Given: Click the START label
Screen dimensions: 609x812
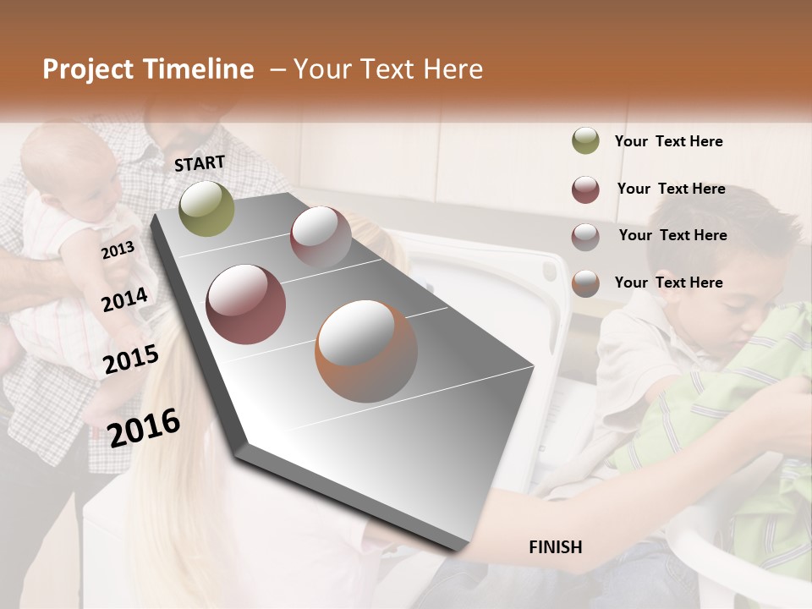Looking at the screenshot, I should (200, 163).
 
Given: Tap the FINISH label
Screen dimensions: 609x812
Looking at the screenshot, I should (555, 547).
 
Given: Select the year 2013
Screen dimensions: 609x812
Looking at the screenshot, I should (118, 250).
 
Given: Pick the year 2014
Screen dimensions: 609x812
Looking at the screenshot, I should (124, 300).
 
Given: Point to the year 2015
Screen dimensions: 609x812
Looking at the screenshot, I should (131, 359).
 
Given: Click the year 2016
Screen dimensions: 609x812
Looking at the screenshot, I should (144, 427).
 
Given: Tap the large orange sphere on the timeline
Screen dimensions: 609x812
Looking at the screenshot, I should (366, 351).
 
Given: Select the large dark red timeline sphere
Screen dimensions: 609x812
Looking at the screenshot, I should (246, 304).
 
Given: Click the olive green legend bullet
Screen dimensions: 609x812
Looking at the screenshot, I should (585, 141).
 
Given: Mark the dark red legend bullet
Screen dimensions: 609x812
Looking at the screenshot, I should (585, 189).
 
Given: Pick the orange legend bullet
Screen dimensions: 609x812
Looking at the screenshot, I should (585, 283).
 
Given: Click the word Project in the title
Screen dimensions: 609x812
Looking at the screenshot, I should (90, 69).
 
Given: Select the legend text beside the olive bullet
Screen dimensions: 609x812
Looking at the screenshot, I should (668, 141).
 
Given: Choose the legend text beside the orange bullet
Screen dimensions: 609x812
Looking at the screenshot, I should (668, 283).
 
